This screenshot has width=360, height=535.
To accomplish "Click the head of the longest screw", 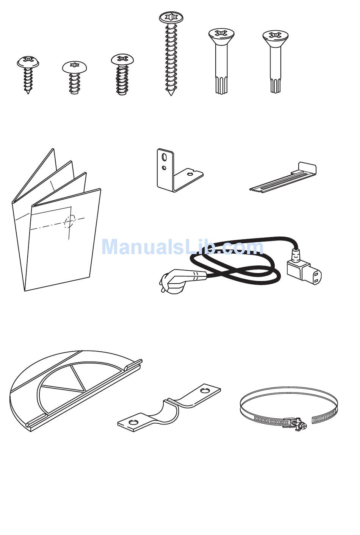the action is pyautogui.click(x=171, y=17).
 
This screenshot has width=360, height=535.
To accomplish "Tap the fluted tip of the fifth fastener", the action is pyautogui.click(x=221, y=85).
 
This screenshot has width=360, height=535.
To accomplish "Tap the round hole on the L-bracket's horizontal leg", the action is pyautogui.click(x=190, y=174).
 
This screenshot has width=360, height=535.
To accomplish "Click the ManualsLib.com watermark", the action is pyautogui.click(x=182, y=247).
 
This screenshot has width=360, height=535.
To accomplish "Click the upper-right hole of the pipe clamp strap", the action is pyautogui.click(x=205, y=390).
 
